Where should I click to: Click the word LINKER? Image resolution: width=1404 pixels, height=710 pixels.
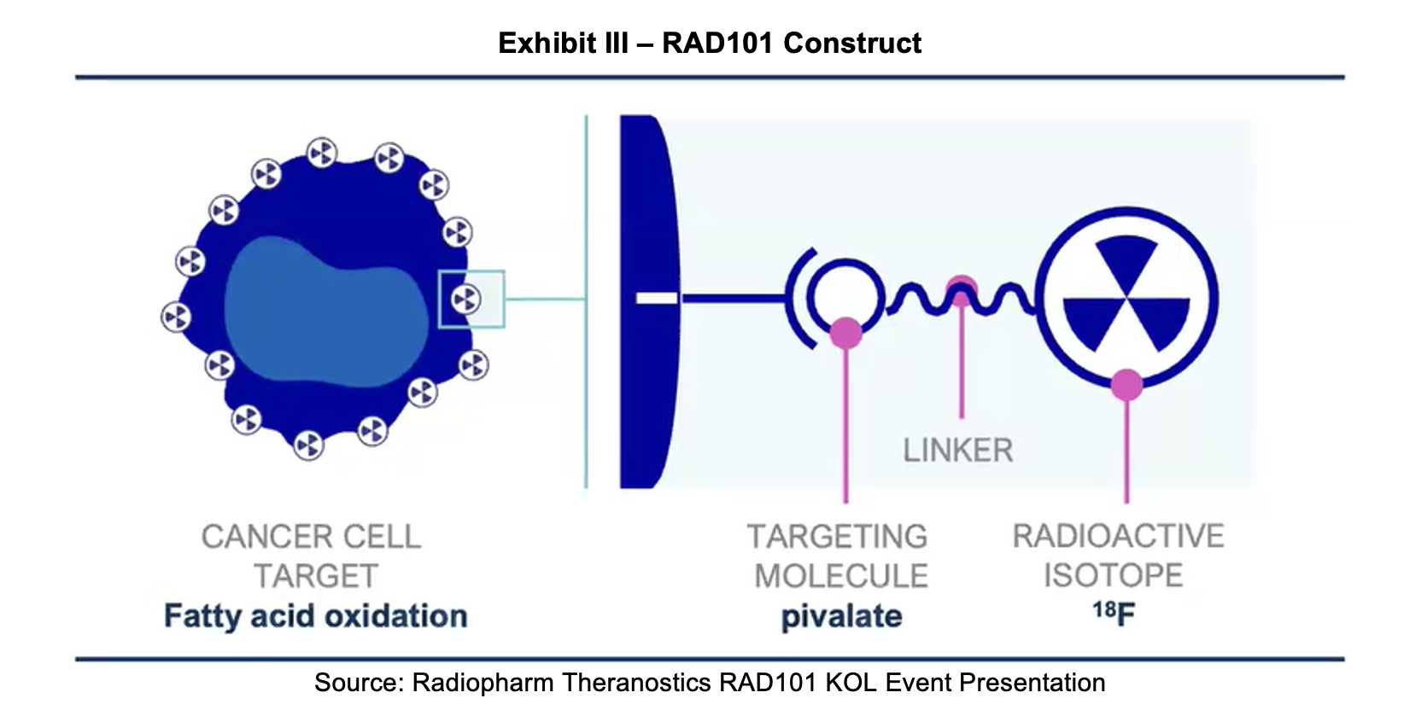(x=957, y=450)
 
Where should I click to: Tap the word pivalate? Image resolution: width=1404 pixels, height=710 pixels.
(x=841, y=616)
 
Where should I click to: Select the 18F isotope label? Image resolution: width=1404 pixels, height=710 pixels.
(x=1114, y=613)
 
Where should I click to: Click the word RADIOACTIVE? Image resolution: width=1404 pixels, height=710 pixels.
(x=1118, y=536)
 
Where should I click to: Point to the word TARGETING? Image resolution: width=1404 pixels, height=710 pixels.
(x=837, y=536)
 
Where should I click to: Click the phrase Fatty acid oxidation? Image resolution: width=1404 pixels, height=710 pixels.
(x=315, y=616)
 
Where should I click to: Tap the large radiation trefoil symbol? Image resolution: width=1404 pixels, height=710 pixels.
(x=1126, y=294)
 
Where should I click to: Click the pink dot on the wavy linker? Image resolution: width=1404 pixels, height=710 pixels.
(x=962, y=288)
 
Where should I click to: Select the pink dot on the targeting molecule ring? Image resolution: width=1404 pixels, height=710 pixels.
(x=845, y=331)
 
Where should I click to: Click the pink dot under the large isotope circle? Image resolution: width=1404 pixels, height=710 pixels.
(x=1126, y=385)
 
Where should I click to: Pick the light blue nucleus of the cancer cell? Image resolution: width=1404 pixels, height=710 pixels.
(x=325, y=311)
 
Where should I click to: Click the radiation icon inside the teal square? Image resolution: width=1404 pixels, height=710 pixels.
(x=466, y=299)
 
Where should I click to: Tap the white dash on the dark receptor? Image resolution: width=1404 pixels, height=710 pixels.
(x=657, y=298)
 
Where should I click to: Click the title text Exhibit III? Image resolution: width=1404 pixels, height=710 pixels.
(x=563, y=43)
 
